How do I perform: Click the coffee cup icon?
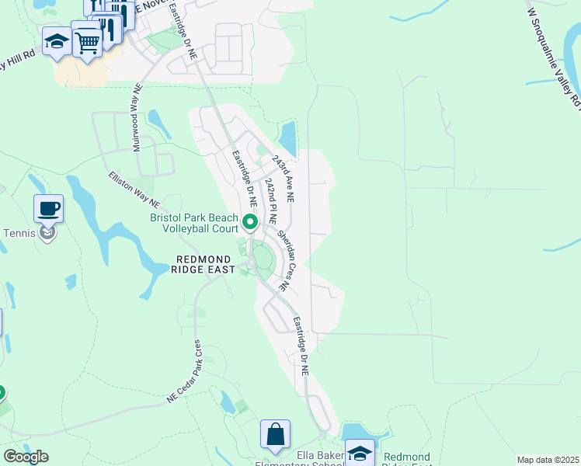(48, 208)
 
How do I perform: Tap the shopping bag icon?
(276, 434)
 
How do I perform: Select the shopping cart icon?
(87, 42)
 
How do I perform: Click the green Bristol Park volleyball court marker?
(250, 224)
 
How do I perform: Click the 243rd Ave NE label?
(283, 178)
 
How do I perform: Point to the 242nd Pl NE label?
(270, 200)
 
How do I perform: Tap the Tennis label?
(18, 233)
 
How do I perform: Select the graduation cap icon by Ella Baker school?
(360, 453)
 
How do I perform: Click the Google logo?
(26, 457)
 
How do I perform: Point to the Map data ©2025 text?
(548, 460)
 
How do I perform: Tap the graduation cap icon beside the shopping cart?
(57, 42)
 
